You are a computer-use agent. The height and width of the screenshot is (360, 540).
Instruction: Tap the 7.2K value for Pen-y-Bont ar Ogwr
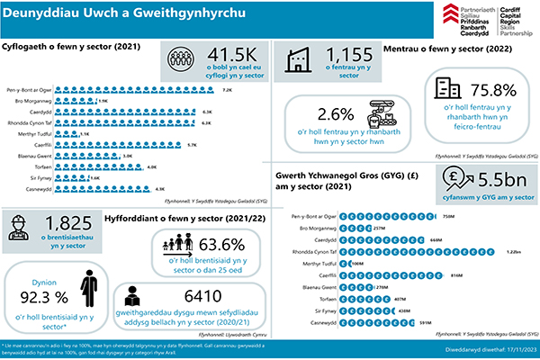(227, 91)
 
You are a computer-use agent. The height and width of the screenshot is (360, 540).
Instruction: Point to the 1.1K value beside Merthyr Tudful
(85, 132)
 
